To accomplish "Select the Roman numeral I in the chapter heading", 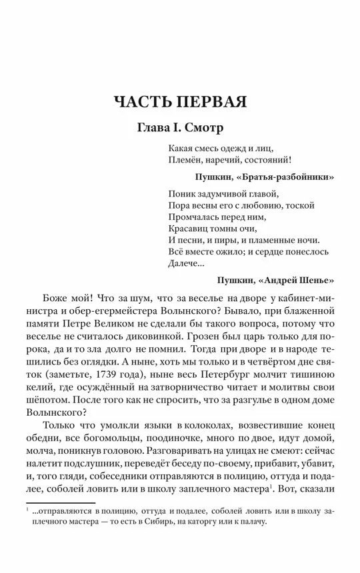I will [x=169, y=127].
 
